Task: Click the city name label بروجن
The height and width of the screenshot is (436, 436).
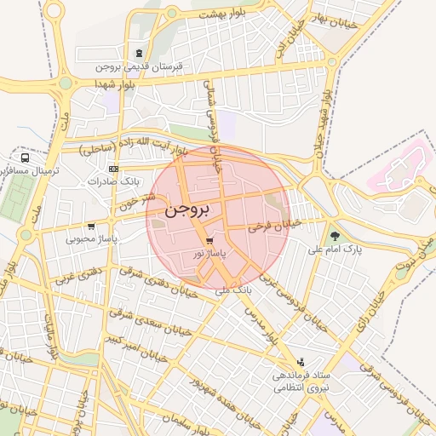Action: coord(190,207)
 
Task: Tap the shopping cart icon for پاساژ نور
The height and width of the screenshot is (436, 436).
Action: coord(209,241)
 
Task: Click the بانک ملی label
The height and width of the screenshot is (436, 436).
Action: coord(212,291)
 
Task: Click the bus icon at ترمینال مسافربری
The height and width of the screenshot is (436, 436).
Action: coord(26,158)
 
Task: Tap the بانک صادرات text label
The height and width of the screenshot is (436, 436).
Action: coord(118,181)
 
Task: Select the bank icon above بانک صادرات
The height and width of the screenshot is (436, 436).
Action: coord(114,169)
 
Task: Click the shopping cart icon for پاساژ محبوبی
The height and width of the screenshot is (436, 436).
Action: coord(90,227)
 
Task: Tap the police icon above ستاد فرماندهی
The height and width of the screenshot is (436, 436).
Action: coord(299,362)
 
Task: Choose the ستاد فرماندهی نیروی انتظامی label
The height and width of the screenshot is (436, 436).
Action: coord(301,381)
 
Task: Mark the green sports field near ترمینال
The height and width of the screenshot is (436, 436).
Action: coord(14,198)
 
